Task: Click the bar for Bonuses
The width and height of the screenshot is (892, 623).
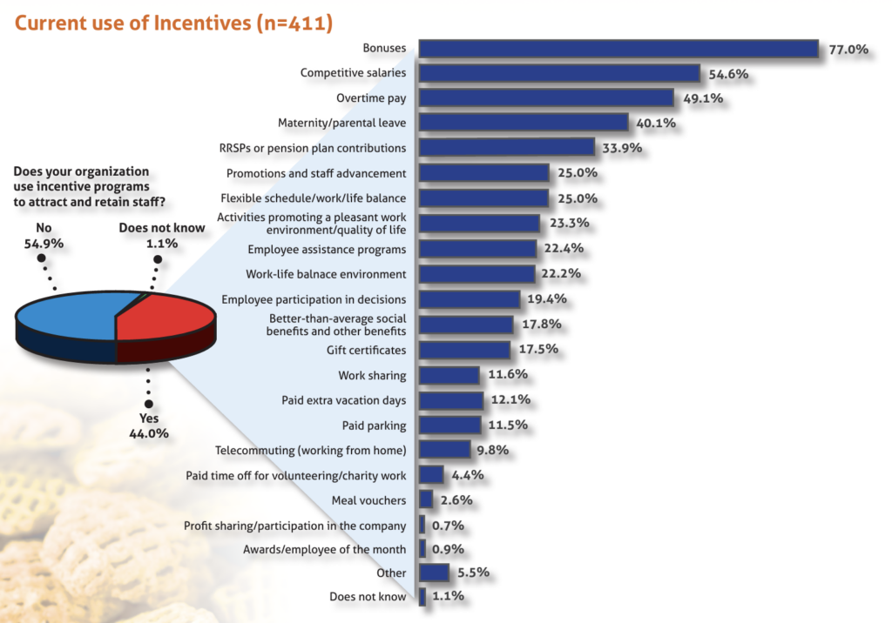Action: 618,49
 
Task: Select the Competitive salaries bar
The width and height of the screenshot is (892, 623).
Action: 559,74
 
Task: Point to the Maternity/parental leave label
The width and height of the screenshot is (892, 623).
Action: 341,123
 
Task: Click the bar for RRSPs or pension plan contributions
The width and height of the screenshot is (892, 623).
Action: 507,148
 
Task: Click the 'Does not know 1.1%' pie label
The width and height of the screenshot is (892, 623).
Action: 162,236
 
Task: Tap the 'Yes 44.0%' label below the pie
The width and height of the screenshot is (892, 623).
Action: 150,425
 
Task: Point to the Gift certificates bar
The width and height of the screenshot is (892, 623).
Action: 464,350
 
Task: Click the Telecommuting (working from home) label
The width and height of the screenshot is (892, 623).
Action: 311,450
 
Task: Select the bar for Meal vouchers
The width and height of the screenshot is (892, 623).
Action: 426,499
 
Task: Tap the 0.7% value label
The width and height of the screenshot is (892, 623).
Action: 448,525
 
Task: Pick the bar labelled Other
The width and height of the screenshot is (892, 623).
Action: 434,573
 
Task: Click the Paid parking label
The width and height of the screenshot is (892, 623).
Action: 374,425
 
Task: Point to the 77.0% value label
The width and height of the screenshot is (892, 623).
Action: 848,50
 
